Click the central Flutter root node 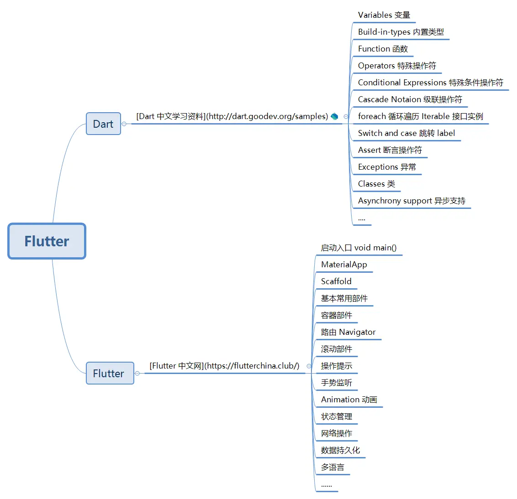click(x=47, y=241)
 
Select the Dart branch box click(x=103, y=124)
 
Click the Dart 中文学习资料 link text click(x=232, y=116)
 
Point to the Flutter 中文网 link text click(x=224, y=366)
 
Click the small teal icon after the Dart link click(x=334, y=116)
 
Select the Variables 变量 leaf click(x=384, y=15)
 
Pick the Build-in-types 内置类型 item click(x=401, y=32)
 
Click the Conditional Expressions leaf click(x=430, y=83)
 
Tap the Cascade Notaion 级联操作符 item click(x=410, y=99)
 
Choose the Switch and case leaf click(x=406, y=133)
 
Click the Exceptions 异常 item click(x=387, y=167)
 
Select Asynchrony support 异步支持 click(x=411, y=201)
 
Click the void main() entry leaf click(x=359, y=248)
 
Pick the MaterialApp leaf click(x=344, y=265)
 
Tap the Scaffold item click(x=336, y=281)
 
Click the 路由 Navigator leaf click(x=348, y=332)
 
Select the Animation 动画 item click(x=349, y=400)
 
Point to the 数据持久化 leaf click(x=340, y=450)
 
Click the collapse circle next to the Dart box click(x=124, y=124)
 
